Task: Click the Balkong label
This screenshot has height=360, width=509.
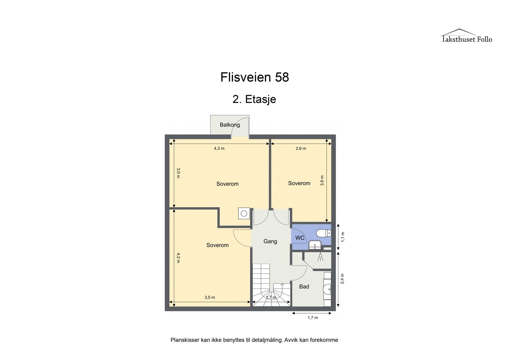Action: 230,125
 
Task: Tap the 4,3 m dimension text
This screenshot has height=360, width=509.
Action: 219,148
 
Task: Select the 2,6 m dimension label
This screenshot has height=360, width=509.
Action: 301,148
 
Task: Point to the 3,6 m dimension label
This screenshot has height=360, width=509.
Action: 322,180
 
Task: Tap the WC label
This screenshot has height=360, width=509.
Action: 300,238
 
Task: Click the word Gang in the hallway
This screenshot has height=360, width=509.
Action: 270,241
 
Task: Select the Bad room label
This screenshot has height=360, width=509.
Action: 304,286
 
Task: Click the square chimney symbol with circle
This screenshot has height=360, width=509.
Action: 244,214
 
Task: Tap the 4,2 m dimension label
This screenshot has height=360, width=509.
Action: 178,258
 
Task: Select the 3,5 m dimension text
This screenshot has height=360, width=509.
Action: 210,297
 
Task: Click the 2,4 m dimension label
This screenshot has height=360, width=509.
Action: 343,279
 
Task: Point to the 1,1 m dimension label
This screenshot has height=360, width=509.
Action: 343,237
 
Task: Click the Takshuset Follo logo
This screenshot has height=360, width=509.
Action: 466,36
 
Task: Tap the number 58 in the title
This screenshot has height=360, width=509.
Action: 282,77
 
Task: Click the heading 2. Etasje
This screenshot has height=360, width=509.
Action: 254,99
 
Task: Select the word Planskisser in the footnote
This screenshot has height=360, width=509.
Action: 185,340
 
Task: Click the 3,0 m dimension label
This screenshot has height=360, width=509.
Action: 178,173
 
